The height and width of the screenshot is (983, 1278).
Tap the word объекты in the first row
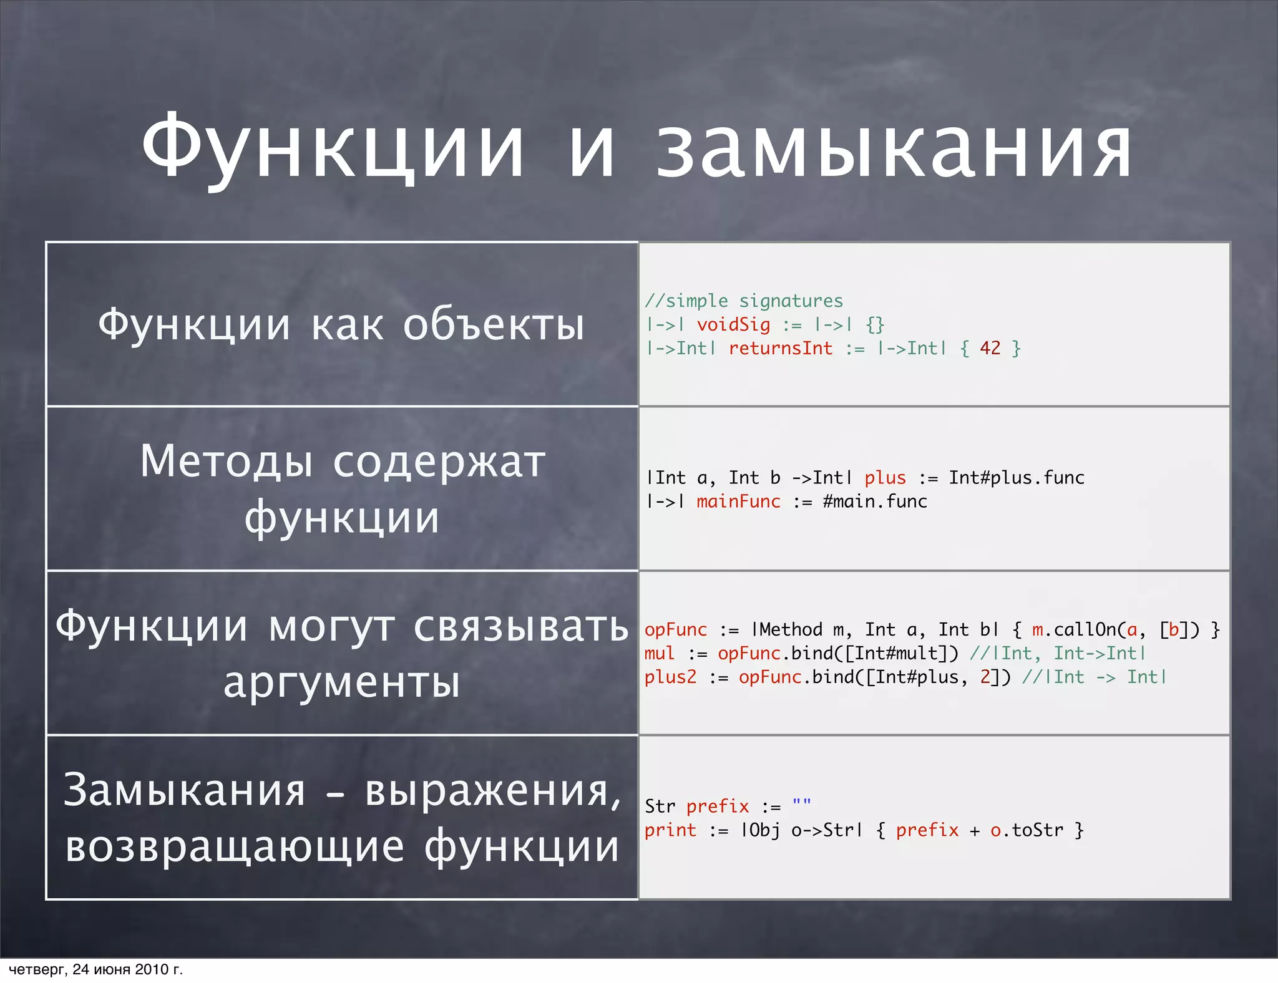[x=494, y=325]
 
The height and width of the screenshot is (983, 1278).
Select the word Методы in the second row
[x=227, y=462]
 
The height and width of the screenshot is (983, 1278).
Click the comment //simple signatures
[x=743, y=301]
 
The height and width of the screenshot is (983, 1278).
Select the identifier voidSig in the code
[x=733, y=325]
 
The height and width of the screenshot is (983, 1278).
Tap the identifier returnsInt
[x=780, y=349]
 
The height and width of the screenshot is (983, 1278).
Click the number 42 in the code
[x=990, y=349]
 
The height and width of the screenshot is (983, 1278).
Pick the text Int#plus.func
[x=1017, y=478]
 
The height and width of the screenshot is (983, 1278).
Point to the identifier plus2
[x=670, y=677]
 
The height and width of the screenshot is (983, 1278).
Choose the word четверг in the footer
[x=37, y=969]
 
